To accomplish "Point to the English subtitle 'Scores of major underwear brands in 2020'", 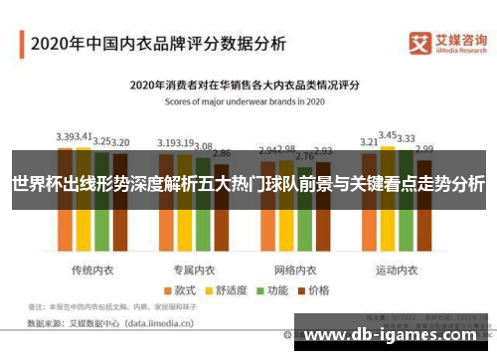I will [x=248, y=100].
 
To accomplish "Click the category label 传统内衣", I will [x=91, y=243].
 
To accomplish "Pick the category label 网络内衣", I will [x=295, y=243].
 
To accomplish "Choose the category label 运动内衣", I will [x=398, y=243].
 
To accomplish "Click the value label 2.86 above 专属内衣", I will [x=222, y=154].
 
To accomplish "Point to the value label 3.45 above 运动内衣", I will [x=389, y=134].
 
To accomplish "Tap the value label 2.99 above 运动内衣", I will [x=424, y=149].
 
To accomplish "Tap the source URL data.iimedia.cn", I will [x=158, y=322].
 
